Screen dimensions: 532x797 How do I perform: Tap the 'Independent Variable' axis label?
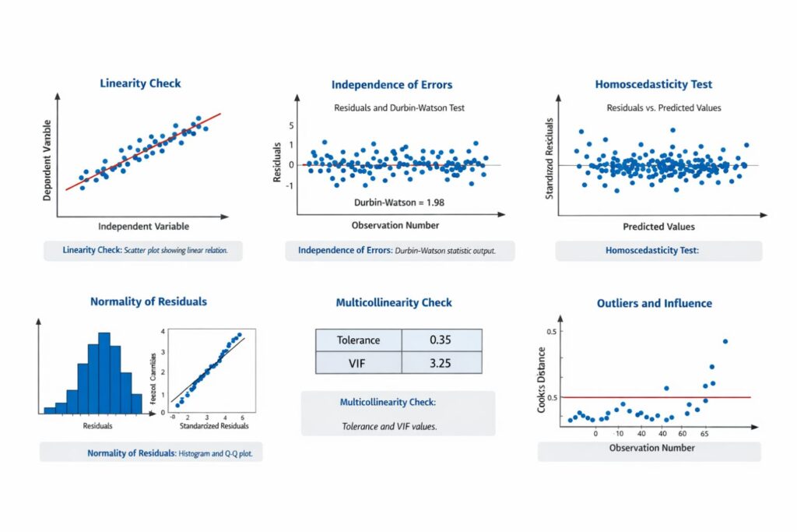(x=143, y=226)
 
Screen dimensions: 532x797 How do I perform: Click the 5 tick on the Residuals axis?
(x=291, y=125)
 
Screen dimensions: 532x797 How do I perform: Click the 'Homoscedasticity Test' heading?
(x=653, y=84)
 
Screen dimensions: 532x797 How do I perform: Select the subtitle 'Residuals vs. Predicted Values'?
(x=663, y=107)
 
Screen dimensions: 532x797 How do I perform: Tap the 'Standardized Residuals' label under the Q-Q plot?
(x=214, y=426)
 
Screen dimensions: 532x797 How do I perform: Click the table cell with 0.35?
(x=441, y=340)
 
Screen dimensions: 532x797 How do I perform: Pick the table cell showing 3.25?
(x=441, y=363)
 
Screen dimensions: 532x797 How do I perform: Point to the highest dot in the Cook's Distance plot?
(x=725, y=340)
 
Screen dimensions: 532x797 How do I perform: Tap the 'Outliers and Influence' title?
(x=654, y=303)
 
